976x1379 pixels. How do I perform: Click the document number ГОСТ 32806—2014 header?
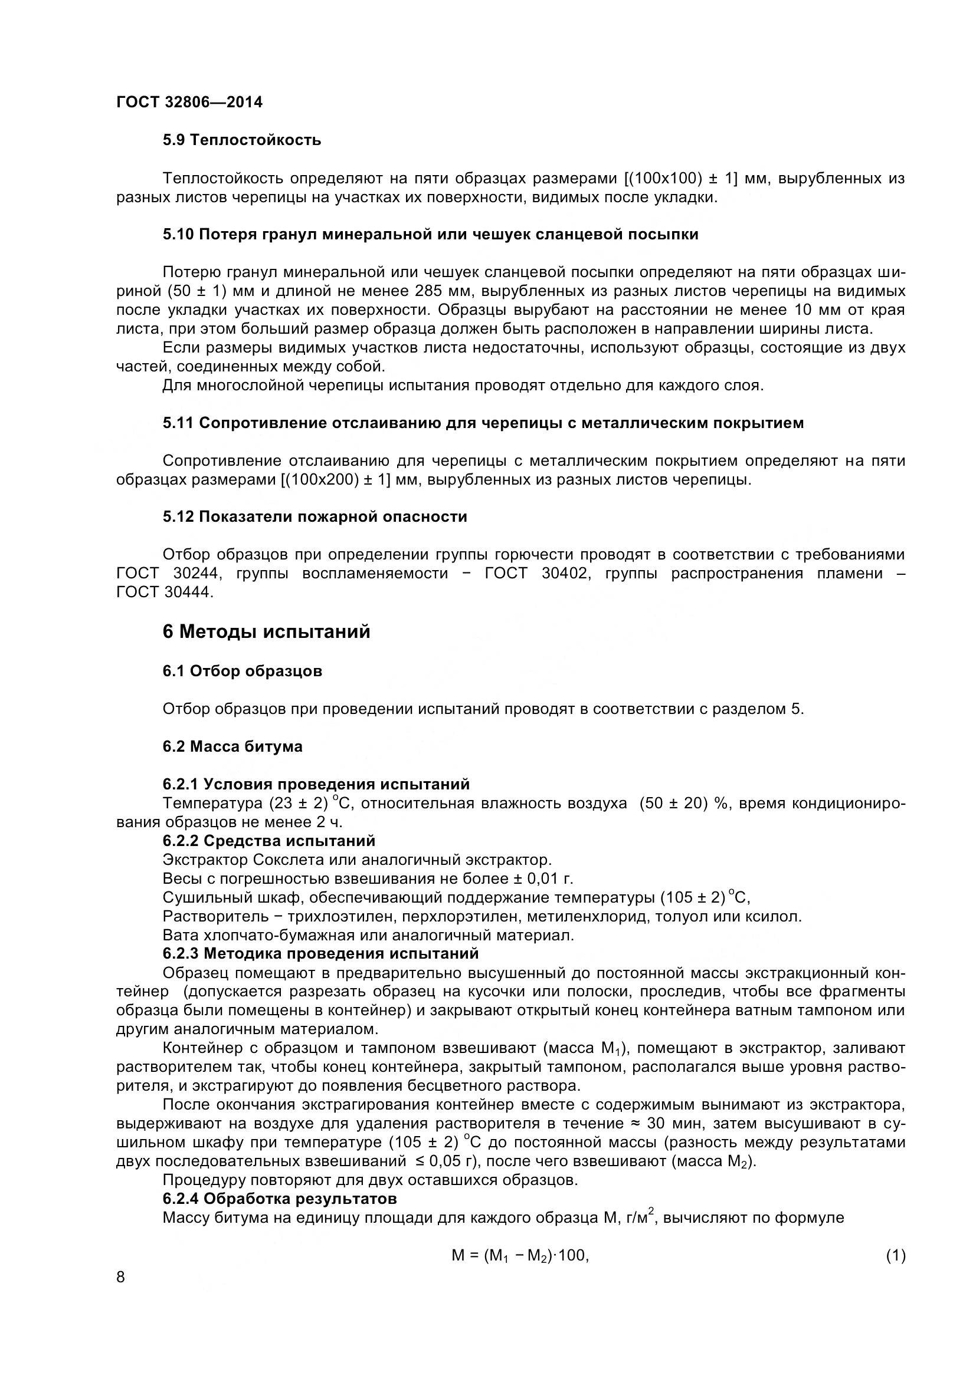(189, 102)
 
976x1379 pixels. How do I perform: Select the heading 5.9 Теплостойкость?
(241, 140)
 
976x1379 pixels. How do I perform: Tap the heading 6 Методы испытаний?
(266, 632)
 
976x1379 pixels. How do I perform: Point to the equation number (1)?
(895, 1255)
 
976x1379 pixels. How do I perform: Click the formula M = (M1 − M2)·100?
(519, 1255)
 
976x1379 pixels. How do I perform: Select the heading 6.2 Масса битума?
(232, 746)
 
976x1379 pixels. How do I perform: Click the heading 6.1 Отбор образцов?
(242, 671)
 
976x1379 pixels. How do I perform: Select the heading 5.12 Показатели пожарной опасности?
(315, 516)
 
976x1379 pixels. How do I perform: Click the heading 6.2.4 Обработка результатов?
(280, 1199)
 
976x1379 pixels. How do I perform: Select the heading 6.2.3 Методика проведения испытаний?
(320, 953)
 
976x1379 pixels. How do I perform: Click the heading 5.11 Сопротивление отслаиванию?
(483, 423)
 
